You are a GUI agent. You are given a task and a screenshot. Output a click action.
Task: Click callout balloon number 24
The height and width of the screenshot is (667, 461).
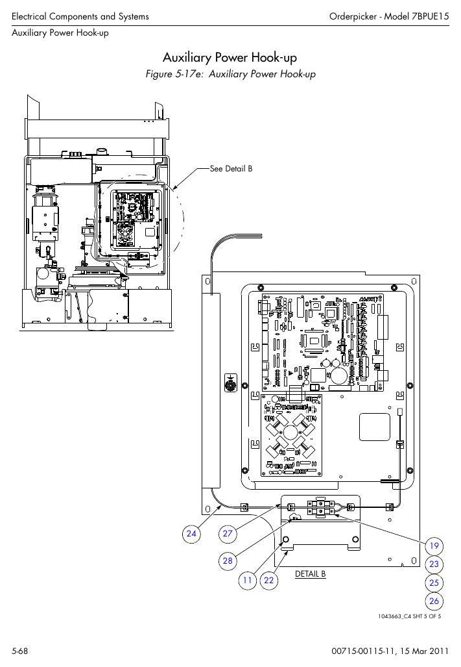pos(191,533)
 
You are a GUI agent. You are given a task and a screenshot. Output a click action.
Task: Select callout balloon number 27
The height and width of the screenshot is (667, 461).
pos(228,533)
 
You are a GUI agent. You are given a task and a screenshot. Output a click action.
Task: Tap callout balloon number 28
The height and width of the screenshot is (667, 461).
pos(228,560)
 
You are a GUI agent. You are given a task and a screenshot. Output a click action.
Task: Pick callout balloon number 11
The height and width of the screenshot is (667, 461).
pos(247,580)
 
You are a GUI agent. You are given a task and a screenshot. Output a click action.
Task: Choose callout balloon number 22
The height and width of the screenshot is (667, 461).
pos(268,580)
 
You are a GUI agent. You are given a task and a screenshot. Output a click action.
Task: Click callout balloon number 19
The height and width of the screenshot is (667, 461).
pos(434,546)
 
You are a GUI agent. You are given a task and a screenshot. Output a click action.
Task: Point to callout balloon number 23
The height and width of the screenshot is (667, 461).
pos(434,564)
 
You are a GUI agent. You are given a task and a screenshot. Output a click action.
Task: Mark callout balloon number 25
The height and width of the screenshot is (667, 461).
pos(434,583)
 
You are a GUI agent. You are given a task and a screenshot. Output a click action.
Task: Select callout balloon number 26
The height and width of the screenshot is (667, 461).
pos(434,601)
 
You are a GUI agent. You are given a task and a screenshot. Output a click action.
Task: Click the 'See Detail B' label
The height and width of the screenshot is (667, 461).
pos(231,169)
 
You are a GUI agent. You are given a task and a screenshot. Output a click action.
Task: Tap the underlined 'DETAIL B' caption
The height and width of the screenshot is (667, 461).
pos(311,574)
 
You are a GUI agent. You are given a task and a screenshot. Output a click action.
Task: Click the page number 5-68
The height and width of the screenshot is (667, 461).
pos(19,651)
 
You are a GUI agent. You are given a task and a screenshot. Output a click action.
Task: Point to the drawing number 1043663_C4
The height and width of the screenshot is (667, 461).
pos(394,616)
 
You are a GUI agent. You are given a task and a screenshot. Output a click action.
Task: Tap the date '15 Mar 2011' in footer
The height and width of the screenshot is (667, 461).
pos(425,651)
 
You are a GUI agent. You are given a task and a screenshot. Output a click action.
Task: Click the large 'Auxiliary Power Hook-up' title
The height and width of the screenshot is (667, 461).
pos(230,57)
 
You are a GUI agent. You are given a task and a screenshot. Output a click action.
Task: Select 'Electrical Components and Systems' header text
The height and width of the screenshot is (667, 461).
pos(80,17)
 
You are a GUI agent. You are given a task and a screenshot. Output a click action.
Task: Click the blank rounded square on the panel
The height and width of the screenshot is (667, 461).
pos(374,427)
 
